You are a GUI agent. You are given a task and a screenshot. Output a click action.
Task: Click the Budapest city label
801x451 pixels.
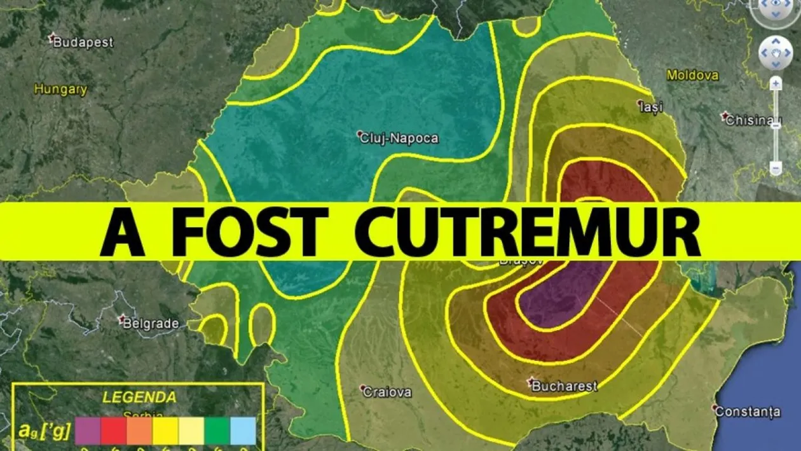(x=83, y=43)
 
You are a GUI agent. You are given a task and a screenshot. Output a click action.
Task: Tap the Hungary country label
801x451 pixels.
(x=60, y=90)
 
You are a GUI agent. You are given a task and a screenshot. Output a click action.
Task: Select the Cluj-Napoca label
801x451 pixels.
(x=399, y=137)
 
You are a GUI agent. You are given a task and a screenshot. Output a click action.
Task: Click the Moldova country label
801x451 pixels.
(x=692, y=75)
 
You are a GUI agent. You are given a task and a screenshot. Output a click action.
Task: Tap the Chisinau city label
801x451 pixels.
(x=753, y=119)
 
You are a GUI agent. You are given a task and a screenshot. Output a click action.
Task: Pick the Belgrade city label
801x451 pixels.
(x=150, y=323)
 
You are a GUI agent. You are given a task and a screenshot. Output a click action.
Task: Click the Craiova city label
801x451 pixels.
(x=387, y=392)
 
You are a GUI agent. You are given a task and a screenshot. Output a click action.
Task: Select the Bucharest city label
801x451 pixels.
(x=564, y=385)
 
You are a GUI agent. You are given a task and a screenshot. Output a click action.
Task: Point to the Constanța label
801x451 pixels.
(x=748, y=412)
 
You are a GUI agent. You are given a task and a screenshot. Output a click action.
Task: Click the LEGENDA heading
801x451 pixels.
(x=139, y=398)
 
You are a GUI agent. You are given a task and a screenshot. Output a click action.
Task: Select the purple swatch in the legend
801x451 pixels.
(x=88, y=430)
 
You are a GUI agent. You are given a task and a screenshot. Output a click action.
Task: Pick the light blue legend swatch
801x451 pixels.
(x=243, y=430)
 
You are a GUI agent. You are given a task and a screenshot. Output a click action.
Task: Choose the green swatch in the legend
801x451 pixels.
(x=217, y=430)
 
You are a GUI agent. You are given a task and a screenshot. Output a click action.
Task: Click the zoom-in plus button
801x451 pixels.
(x=776, y=83)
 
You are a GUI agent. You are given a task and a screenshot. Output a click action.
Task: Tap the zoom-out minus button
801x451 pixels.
(x=776, y=168)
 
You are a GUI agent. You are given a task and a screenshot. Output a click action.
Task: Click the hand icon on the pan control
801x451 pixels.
(x=775, y=52)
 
